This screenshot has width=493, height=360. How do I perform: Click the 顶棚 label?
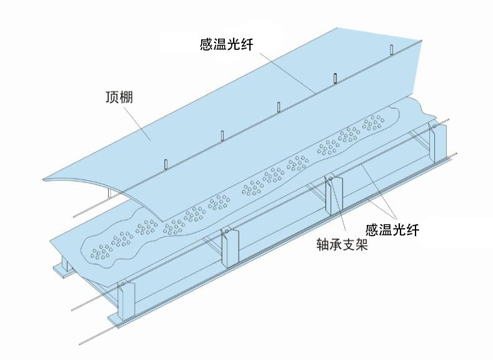pos(119,97)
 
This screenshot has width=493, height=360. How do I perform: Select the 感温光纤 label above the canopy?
pos(226,44)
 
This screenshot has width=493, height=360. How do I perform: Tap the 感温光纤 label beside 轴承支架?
pos(392,230)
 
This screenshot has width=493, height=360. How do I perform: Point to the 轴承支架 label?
pos(342,244)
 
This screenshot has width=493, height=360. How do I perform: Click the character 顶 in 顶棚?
pos(112,97)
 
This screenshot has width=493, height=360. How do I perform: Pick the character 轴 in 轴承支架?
pos(323,244)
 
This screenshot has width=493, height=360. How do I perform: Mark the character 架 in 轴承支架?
pos(362,244)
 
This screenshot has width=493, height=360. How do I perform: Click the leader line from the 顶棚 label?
pos(137,122)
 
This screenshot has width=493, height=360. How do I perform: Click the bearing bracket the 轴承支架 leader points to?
pos(334,195)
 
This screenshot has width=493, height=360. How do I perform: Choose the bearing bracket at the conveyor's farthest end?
pos(438,143)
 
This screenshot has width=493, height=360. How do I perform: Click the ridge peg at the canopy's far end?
pos(391,49)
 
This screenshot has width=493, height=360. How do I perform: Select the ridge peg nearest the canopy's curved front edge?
pos(166,164)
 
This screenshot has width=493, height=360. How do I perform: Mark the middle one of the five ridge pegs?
pos(278,107)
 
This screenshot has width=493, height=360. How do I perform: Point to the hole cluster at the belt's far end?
pos(374,122)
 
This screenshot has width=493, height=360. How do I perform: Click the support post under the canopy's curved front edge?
pos(109,192)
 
